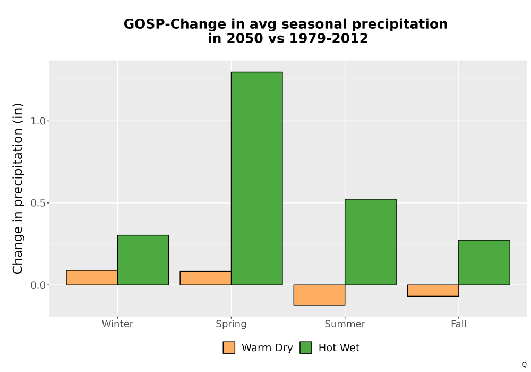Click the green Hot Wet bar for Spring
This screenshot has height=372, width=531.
tap(256, 178)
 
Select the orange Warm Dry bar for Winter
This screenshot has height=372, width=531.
tap(92, 277)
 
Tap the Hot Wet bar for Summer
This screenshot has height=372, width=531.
tap(371, 242)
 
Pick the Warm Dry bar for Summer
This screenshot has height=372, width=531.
tap(319, 295)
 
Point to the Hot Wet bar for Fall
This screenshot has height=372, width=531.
tap(484, 263)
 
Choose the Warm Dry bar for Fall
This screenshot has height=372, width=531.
tap(433, 290)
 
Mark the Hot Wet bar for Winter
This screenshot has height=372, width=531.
tap(143, 260)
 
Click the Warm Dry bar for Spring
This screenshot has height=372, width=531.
tap(205, 278)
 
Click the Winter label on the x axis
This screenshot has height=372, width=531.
tap(117, 324)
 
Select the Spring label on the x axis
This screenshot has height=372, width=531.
tap(232, 324)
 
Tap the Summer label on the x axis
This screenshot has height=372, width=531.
tap(345, 324)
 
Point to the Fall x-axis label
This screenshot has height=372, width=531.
tap(459, 324)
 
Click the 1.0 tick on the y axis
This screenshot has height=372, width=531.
tap(38, 121)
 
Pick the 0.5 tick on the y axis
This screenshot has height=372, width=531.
tap(38, 203)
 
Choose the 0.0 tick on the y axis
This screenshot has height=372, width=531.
tap(38, 285)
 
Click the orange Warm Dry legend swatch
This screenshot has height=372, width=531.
tap(229, 348)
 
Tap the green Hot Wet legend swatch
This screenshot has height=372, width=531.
tap(306, 348)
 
